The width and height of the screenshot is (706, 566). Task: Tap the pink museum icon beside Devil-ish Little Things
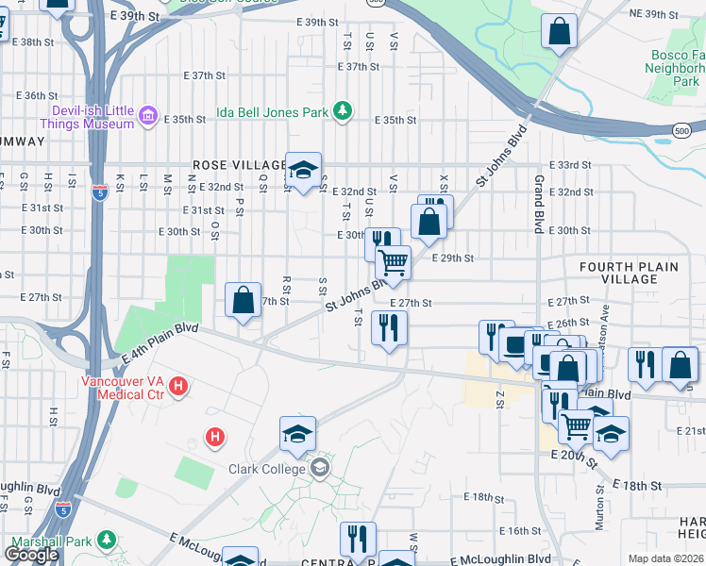coord(147,117)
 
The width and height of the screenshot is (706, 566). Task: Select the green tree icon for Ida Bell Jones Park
coord(344,112)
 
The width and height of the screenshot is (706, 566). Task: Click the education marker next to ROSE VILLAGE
coord(303,171)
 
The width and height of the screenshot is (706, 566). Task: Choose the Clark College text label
coord(267,469)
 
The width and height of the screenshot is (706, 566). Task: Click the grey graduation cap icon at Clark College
coord(321,468)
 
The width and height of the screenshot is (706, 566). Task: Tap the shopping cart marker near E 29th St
coord(393,261)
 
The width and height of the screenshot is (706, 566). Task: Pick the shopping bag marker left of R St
coord(243,300)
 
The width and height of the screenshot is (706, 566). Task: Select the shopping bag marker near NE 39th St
coord(560,31)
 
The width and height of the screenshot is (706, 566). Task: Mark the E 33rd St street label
coord(569,164)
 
